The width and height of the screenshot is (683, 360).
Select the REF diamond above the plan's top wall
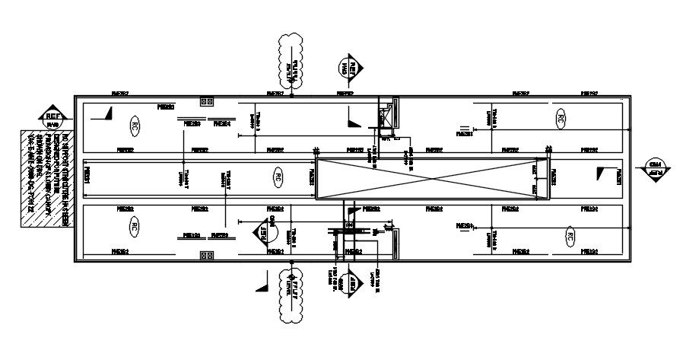coord(349,67)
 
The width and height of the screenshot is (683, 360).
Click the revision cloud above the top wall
coord(289,61)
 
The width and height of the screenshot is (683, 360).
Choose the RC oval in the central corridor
coord(278,178)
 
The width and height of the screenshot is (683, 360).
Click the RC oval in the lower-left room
coord(134,227)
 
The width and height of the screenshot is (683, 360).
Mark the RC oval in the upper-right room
coord(560,118)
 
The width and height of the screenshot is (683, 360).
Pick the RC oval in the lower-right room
coord(569,237)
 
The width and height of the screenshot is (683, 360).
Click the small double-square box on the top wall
coord(205,100)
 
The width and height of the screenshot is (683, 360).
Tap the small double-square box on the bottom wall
coord(205,256)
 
